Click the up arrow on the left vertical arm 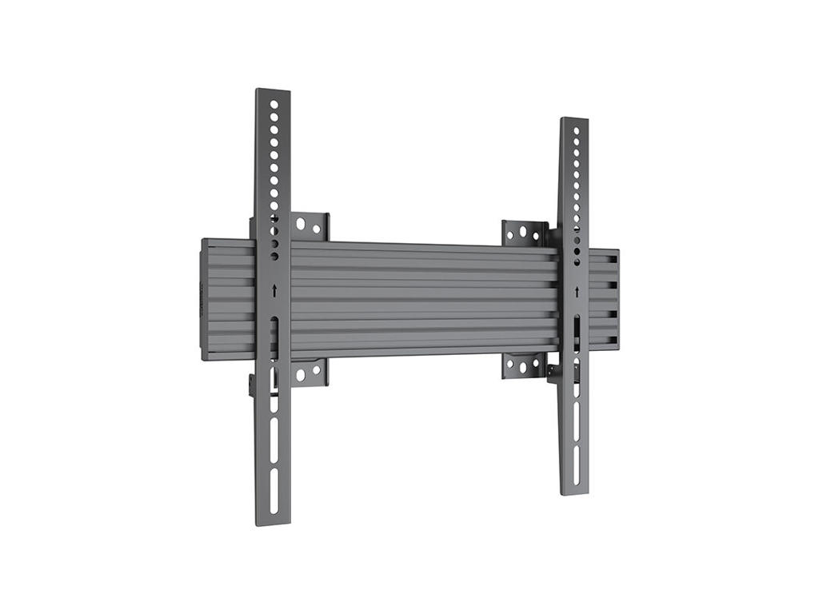click(274, 291)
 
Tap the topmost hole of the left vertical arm click(274, 104)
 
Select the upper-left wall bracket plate click(310, 226)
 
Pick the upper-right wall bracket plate click(523, 233)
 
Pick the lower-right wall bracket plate click(523, 365)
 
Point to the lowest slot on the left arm click(274, 487)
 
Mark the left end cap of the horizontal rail click(205, 300)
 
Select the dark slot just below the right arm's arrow click(576, 330)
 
